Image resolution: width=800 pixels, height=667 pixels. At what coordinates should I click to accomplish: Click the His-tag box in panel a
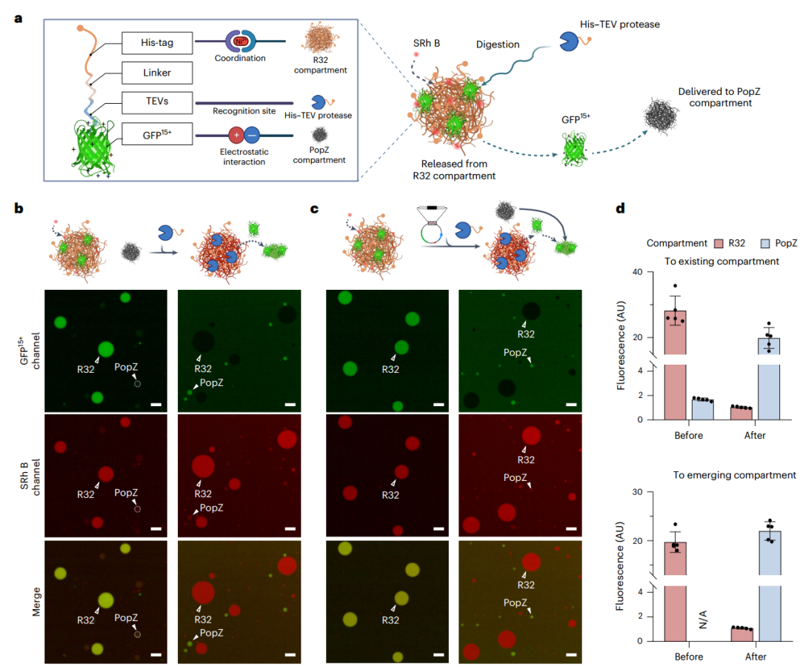[156, 44]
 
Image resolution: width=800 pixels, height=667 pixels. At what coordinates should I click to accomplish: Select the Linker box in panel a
[156, 73]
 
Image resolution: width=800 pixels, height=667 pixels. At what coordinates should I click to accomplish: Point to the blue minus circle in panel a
[253, 136]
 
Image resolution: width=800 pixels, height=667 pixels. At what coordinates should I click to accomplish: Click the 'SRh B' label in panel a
[427, 44]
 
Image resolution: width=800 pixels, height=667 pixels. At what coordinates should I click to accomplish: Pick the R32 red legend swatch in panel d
[717, 242]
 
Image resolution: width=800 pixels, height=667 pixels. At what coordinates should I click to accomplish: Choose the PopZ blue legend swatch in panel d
[764, 242]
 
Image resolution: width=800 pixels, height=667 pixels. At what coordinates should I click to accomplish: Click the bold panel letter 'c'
[315, 208]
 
